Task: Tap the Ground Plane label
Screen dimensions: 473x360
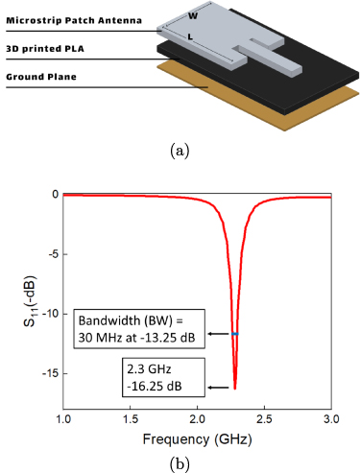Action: pos(41,77)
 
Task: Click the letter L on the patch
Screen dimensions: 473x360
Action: pos(217,37)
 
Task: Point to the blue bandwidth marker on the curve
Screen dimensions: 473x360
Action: pos(235,334)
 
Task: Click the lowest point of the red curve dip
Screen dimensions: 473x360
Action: pos(235,388)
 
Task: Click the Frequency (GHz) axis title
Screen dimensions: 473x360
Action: pos(198,439)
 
